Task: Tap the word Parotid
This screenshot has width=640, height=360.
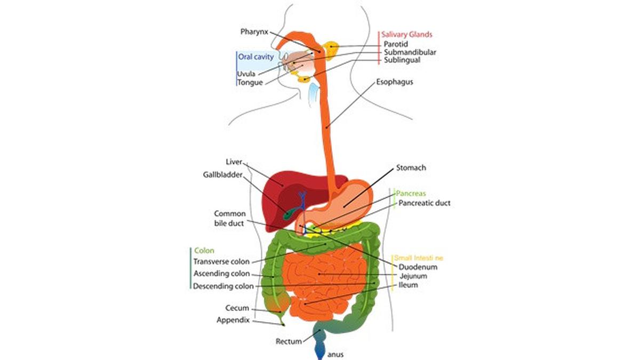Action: coord(396,44)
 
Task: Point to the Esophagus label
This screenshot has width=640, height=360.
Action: coord(395,82)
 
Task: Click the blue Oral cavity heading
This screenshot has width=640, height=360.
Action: coord(256,56)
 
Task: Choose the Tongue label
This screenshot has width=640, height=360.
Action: coord(250,82)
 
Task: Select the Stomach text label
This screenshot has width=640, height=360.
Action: coord(411,167)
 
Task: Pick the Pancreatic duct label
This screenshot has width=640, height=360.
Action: coord(425,203)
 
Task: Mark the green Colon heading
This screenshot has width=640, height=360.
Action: coord(204,250)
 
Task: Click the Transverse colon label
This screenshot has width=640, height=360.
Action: coord(221,261)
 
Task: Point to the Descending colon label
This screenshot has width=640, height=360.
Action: coord(223,286)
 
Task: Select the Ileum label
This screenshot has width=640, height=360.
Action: coord(408,285)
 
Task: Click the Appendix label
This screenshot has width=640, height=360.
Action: coord(233,320)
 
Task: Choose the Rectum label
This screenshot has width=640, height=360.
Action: coord(289,341)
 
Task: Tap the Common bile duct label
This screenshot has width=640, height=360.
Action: coord(229,218)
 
